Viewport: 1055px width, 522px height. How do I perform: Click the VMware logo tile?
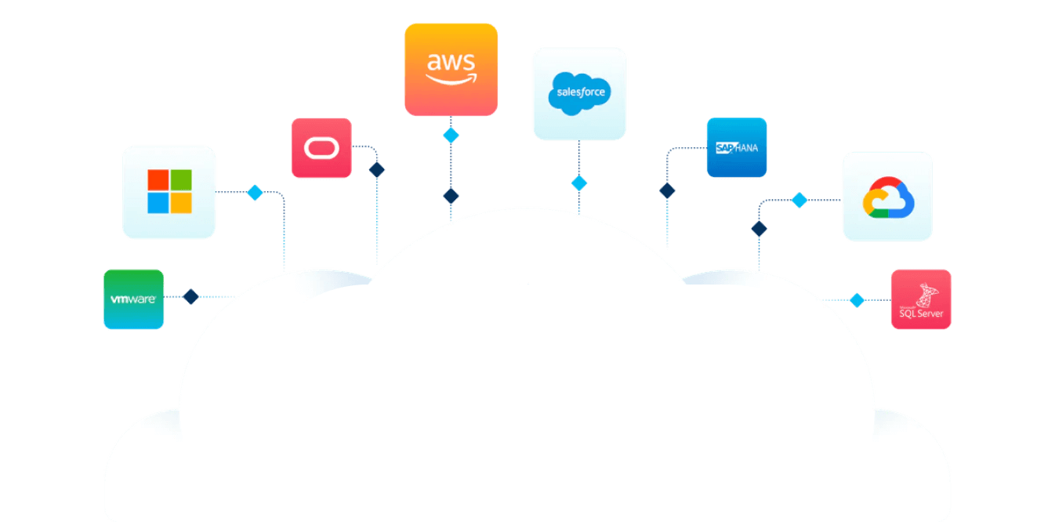click(134, 299)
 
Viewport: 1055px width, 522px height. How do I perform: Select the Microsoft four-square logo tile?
click(169, 192)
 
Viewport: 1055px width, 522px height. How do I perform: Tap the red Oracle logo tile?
click(321, 148)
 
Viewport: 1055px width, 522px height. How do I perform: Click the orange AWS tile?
click(451, 69)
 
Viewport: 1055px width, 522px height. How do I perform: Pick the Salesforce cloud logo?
click(579, 93)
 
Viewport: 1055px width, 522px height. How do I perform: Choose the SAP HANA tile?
click(737, 147)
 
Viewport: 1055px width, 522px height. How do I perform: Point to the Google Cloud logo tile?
click(888, 196)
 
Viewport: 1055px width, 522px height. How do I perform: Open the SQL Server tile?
click(921, 299)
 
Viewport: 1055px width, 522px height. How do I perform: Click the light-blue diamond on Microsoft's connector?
click(255, 193)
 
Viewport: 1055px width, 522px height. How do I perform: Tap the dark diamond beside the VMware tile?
click(190, 296)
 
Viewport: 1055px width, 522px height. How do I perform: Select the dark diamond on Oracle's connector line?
click(377, 170)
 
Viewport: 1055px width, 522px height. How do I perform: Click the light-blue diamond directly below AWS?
click(451, 136)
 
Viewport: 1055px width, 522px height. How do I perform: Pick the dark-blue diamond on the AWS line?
click(451, 196)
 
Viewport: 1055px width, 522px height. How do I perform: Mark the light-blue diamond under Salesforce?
click(579, 183)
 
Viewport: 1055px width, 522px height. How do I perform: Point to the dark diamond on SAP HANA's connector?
click(667, 190)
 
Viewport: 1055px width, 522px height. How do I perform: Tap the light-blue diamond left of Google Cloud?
click(799, 200)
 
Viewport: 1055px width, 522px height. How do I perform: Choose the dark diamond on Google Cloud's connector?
click(759, 229)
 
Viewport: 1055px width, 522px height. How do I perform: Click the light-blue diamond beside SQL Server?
click(857, 299)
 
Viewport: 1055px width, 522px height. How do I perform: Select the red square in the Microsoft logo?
click(158, 180)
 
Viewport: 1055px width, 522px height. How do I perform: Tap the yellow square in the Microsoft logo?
click(181, 203)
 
